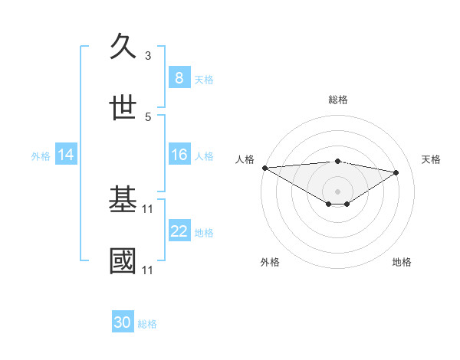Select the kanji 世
coord(123,108)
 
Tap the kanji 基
coord(123,200)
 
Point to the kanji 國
coord(123,261)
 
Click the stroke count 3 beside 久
coord(148,56)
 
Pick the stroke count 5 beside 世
coord(148,116)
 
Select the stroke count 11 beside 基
coord(149,208)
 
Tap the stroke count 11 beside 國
coord(149,270)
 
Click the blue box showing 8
coord(179,77)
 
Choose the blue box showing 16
coord(179,155)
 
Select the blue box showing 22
coord(179,231)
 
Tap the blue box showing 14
coord(66,155)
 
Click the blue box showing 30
coord(123,322)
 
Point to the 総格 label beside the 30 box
coord(147,324)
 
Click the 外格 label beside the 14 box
coord(41,156)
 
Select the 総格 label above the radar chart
coord(337,100)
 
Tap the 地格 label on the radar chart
coord(402,262)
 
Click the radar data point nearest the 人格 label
coord(264,167)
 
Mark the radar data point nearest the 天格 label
coord(396,172)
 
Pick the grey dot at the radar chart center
coord(337,191)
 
